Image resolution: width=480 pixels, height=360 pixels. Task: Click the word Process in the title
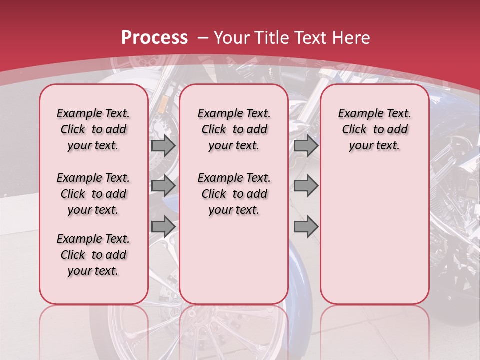(154, 38)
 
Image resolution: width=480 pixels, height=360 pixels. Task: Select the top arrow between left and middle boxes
(163, 146)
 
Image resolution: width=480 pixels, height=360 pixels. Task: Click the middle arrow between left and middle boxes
(163, 186)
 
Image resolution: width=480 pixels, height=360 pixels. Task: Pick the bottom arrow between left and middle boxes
(163, 226)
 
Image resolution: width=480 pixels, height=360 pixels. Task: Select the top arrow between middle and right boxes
(306, 146)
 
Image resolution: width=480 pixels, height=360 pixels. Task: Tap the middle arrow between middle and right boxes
(306, 186)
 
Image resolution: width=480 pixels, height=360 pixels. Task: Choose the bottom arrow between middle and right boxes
(306, 226)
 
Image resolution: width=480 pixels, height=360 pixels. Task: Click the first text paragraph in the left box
(93, 129)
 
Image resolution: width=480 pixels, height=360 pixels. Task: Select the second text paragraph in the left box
(93, 194)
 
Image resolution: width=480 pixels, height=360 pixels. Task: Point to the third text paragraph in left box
(93, 255)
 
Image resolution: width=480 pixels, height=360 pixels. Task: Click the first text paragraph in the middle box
(234, 129)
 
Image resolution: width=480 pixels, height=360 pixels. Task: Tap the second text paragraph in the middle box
(234, 194)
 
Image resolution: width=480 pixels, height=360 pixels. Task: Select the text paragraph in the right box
(374, 129)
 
